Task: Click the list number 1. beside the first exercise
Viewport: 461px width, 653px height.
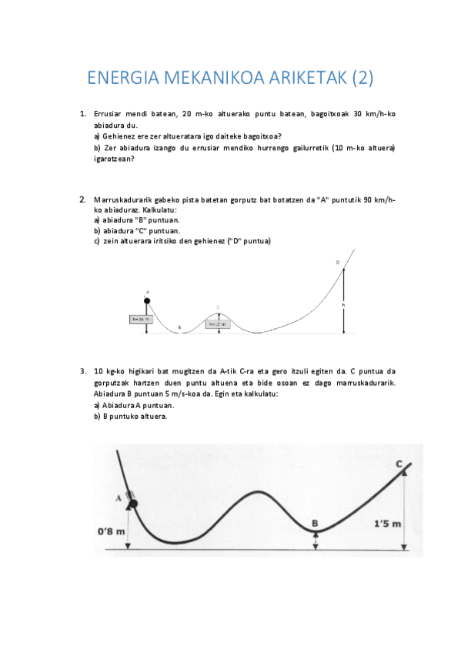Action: pyautogui.click(x=83, y=114)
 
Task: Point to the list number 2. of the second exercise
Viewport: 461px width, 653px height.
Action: pyautogui.click(x=83, y=199)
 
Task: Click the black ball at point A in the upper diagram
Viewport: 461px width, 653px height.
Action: pyautogui.click(x=147, y=300)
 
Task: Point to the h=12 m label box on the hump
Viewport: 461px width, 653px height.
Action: pyautogui.click(x=218, y=324)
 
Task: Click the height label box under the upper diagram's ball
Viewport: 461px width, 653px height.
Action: pyautogui.click(x=141, y=318)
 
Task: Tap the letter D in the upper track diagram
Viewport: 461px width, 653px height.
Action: pyautogui.click(x=337, y=263)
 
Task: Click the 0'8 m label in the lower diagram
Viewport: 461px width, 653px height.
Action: pyautogui.click(x=112, y=531)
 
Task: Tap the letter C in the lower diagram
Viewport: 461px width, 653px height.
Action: pyautogui.click(x=399, y=464)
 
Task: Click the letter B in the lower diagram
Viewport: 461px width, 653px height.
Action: pyautogui.click(x=315, y=523)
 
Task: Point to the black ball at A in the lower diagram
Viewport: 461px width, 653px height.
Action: pyautogui.click(x=132, y=504)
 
